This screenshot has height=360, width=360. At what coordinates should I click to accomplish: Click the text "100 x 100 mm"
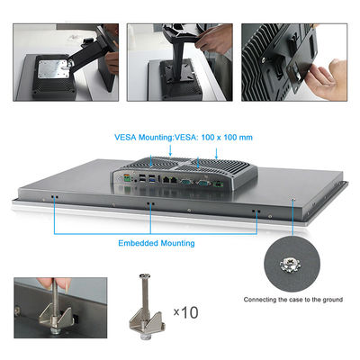[x=227, y=138]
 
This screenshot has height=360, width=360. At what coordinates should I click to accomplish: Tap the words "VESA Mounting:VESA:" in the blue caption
[x=156, y=138]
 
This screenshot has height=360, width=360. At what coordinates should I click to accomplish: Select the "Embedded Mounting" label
[x=157, y=243]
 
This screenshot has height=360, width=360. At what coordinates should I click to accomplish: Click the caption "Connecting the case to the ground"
[x=293, y=300]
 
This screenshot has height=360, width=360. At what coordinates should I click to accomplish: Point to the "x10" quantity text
[x=186, y=312]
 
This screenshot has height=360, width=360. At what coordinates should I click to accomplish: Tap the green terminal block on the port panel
[x=128, y=179]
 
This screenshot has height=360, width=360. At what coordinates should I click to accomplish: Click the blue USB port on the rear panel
[x=152, y=180]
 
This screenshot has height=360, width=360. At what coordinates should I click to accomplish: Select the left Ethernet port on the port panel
[x=166, y=180]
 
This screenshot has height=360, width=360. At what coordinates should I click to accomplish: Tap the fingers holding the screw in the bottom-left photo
[x=54, y=283]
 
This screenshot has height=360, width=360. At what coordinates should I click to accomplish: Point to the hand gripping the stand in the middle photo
[x=213, y=39]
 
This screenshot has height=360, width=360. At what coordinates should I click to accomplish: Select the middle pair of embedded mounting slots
[x=150, y=203]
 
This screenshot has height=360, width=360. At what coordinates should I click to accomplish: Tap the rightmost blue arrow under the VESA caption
[x=216, y=153]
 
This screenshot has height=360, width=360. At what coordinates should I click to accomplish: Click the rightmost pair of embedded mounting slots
[x=256, y=211]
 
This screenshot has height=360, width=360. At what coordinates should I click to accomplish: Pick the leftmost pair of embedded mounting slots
[x=55, y=197]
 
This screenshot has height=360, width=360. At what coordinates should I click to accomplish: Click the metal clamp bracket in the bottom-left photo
[x=56, y=317]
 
